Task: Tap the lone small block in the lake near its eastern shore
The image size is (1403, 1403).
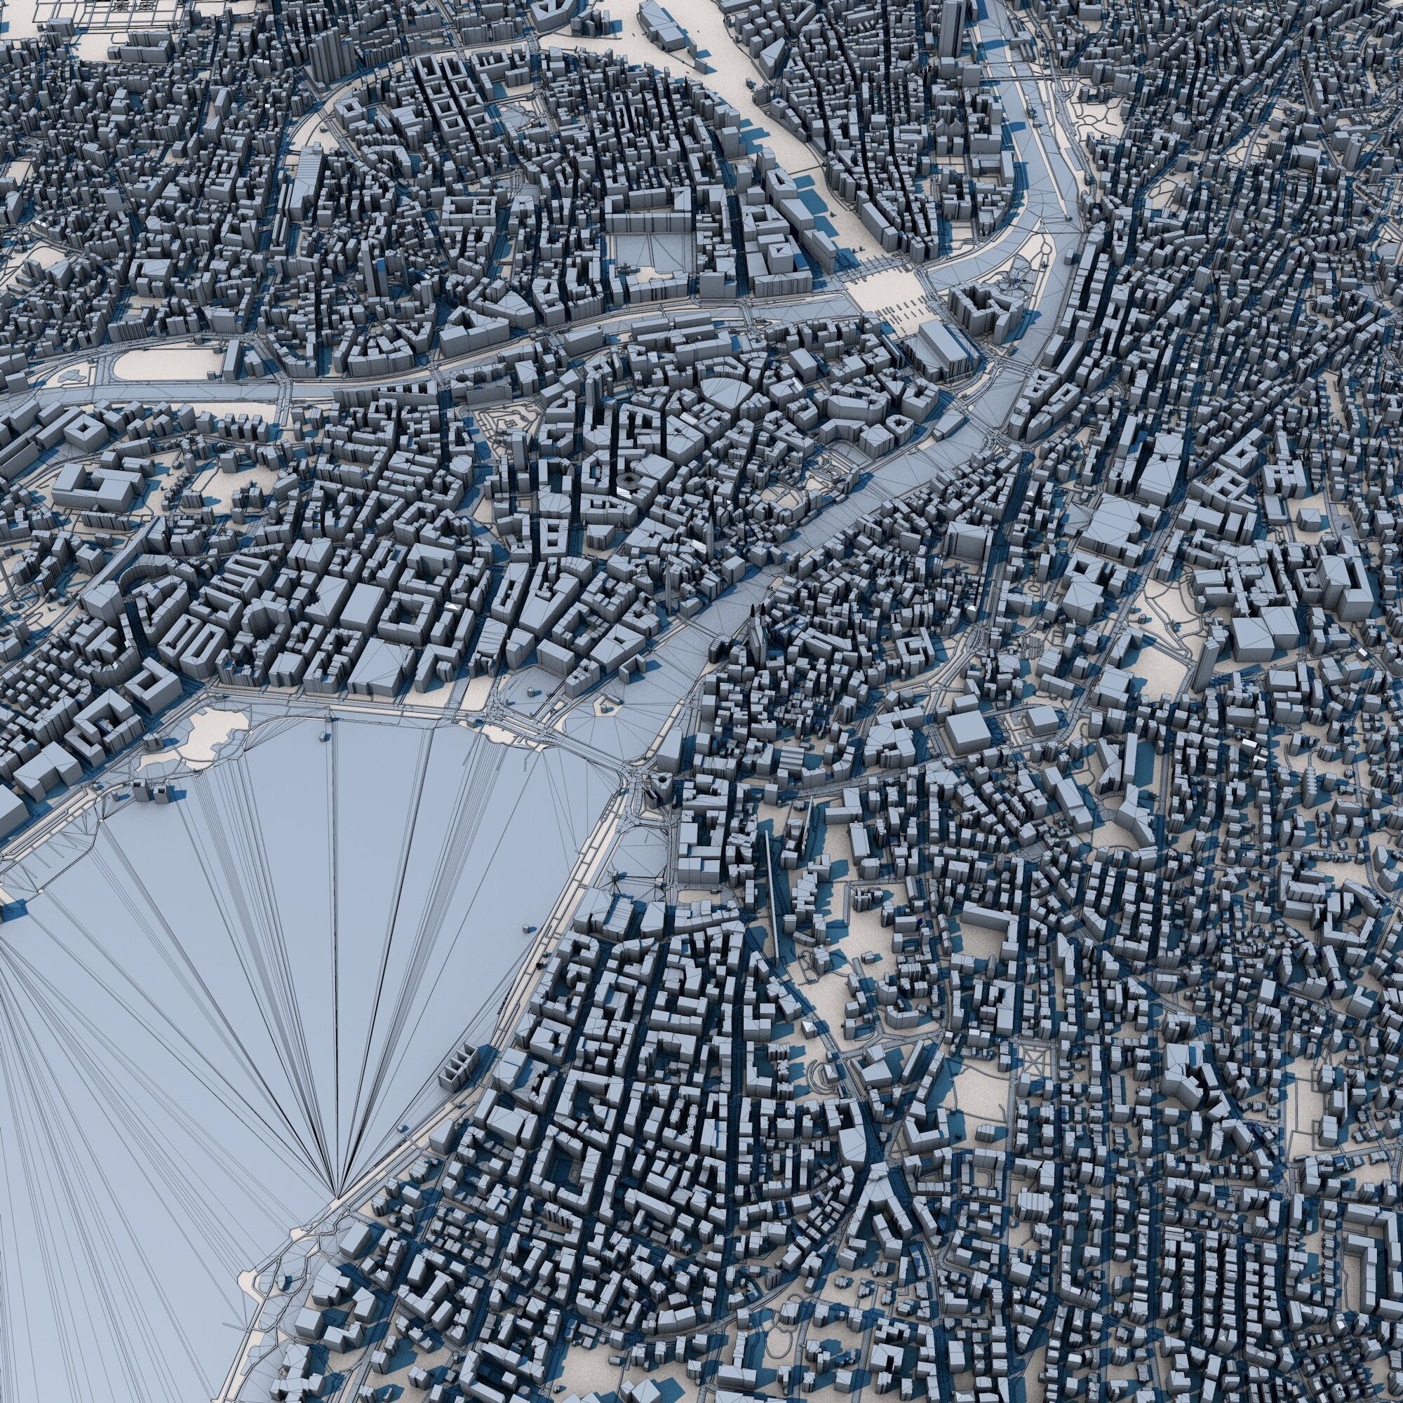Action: [525, 928]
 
